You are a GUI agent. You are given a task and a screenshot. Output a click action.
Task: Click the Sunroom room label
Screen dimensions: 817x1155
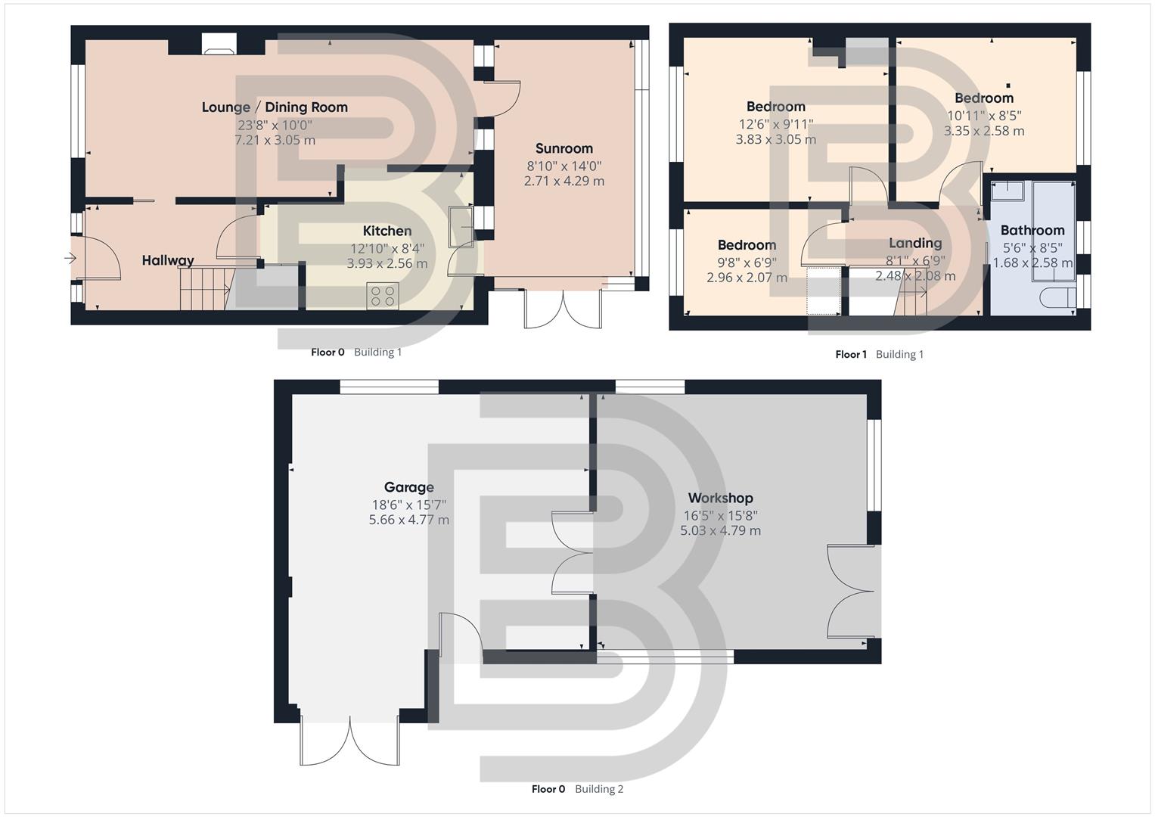[564, 148]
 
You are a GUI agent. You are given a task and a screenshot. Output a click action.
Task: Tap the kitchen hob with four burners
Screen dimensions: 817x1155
[383, 295]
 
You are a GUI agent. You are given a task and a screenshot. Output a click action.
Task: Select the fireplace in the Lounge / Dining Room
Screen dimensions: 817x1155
[219, 46]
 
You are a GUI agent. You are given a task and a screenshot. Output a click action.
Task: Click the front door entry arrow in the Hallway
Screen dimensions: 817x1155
[70, 259]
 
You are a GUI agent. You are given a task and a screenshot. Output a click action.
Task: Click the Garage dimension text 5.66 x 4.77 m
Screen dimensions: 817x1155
[408, 520]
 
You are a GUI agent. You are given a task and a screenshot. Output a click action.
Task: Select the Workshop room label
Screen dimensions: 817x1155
[720, 498]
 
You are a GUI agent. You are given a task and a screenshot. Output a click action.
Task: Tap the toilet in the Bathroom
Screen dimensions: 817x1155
[1057, 298]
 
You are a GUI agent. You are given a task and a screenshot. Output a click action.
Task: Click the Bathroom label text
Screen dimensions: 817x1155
[1032, 230]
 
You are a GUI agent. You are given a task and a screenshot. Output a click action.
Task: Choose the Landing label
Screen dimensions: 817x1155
[914, 243]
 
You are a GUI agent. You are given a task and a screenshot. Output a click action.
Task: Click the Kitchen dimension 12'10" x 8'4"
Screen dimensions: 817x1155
[387, 248]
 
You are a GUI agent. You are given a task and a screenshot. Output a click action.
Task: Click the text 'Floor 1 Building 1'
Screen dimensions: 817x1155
[879, 354]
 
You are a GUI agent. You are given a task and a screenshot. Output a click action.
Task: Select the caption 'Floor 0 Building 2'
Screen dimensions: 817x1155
[577, 789]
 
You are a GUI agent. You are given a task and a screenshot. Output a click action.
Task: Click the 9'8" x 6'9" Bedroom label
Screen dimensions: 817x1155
[747, 245]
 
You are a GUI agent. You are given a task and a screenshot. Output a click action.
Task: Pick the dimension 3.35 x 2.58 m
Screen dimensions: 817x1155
[983, 131]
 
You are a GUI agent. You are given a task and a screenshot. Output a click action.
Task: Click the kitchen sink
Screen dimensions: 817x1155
[460, 227]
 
